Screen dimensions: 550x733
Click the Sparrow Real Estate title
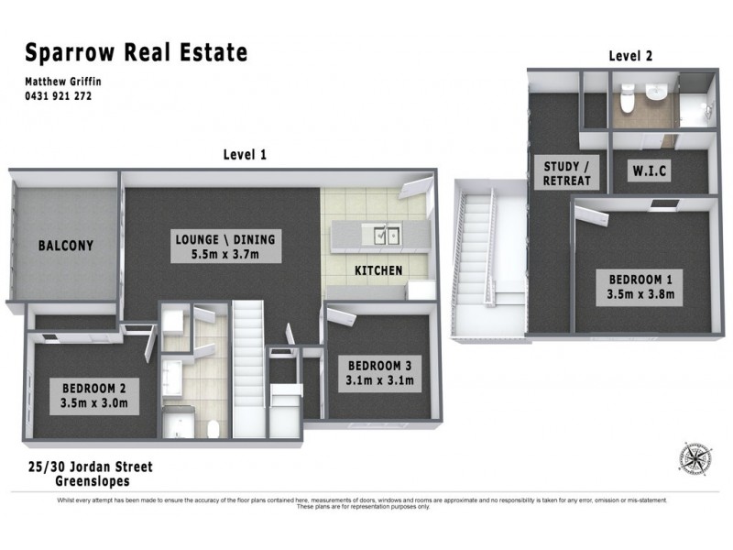click(136, 51)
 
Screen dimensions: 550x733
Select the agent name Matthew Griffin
click(62, 82)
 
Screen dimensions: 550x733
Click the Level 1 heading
click(245, 155)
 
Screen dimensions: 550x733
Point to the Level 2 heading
click(630, 56)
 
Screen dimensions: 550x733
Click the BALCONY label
click(66, 246)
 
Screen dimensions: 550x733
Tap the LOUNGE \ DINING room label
click(224, 247)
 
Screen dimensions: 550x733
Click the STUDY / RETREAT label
click(567, 173)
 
